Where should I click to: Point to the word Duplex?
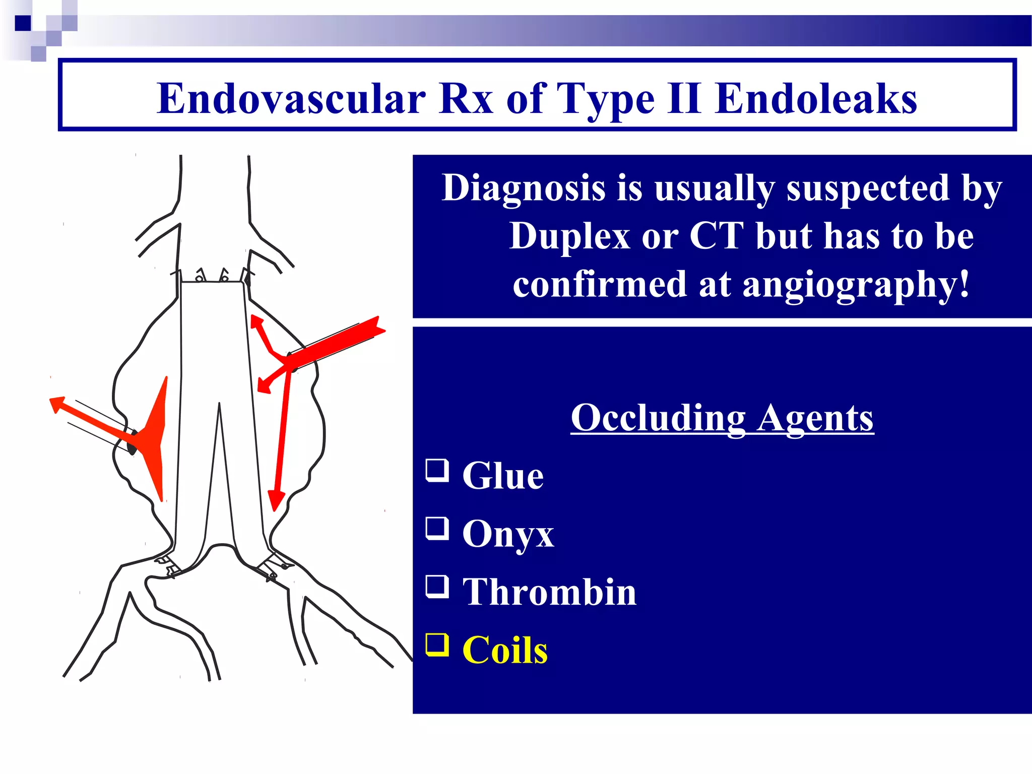(x=569, y=236)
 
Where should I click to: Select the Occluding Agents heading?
(x=722, y=418)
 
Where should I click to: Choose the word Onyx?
(x=508, y=534)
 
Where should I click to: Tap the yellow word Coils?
(x=505, y=650)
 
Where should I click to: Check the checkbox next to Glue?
(x=437, y=470)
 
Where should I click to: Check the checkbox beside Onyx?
(x=437, y=529)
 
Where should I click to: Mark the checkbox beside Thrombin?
(x=437, y=587)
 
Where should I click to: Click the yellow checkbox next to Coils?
(x=437, y=645)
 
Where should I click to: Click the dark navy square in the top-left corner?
(x=23, y=23)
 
